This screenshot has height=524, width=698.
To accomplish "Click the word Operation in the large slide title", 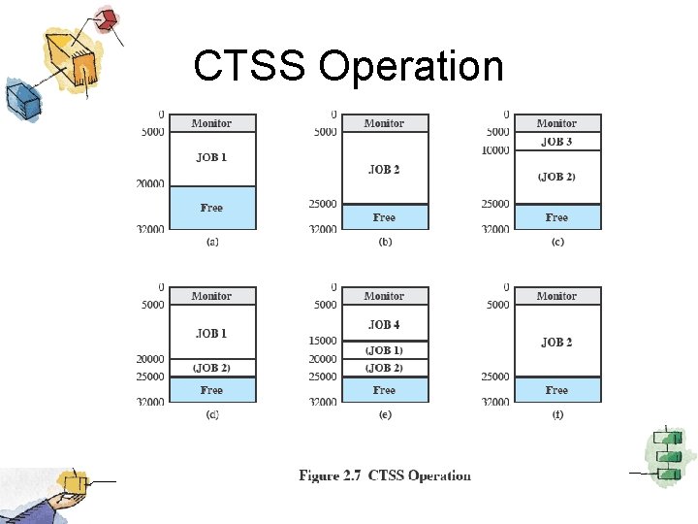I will (x=411, y=67).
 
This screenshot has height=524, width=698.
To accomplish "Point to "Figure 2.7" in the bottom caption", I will (x=333, y=475).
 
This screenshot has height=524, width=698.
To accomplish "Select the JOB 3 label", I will (x=556, y=142).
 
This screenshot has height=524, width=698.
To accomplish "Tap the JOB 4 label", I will (x=384, y=325).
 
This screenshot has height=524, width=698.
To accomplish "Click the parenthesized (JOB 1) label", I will (x=384, y=350).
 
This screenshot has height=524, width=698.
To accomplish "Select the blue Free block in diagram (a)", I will (x=211, y=208).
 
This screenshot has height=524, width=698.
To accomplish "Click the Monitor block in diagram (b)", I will (x=384, y=123).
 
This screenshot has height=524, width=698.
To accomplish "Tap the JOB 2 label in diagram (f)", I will (x=556, y=342).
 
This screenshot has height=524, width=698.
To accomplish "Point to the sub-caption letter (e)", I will (x=384, y=414).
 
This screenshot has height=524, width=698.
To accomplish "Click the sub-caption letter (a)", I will (x=211, y=242).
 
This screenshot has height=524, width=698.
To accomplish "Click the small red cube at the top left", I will (x=107, y=17).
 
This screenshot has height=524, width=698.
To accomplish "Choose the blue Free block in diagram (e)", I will (x=384, y=390).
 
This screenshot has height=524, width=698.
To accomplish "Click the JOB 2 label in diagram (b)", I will (x=384, y=170).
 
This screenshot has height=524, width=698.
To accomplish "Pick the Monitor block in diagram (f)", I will (x=556, y=296).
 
